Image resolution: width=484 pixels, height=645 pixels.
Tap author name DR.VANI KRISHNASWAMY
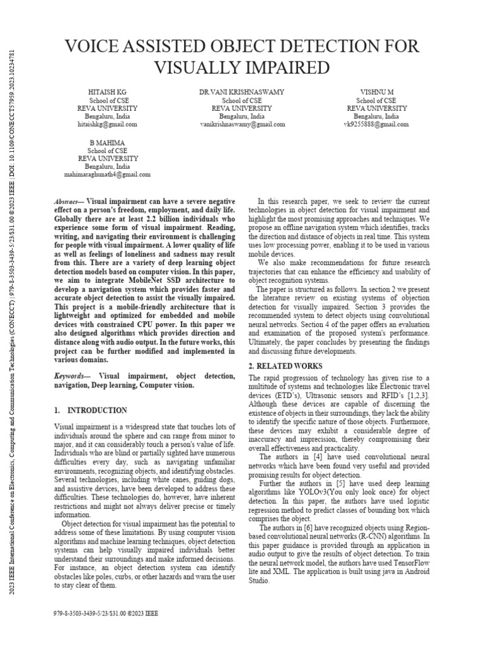[x=242, y=92]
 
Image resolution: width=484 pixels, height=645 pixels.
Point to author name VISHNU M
[x=376, y=92]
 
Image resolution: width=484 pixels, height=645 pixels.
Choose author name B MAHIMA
[x=107, y=143]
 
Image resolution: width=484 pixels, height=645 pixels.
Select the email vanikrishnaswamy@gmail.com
[x=242, y=125]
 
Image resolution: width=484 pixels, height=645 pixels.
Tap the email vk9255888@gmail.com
[x=376, y=125]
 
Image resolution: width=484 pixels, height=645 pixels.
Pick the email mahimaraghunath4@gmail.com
[x=107, y=174]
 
